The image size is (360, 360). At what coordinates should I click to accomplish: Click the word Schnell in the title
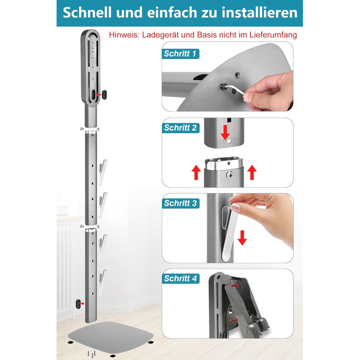coord(87,12)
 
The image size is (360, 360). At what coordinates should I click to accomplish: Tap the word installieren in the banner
coord(259,12)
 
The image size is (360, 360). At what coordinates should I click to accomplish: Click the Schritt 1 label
coord(180,53)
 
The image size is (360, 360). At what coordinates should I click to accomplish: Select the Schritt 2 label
coord(181,128)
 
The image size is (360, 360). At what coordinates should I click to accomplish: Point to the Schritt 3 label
coord(181,203)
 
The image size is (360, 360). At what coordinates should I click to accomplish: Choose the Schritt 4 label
coord(181,279)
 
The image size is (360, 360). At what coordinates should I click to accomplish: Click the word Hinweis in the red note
coord(123,35)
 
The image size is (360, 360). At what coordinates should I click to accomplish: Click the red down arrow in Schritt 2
coord(225,133)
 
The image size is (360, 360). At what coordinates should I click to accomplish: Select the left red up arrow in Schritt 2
coord(196,172)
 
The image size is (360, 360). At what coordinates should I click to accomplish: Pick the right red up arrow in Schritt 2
coord(252,172)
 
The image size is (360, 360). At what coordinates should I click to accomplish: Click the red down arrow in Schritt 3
coord(242,238)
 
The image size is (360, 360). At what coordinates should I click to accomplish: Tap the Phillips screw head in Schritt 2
coord(230,175)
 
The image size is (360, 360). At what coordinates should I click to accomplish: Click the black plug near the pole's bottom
coord(78,304)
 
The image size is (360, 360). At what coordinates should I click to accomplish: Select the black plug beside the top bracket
coord(104,95)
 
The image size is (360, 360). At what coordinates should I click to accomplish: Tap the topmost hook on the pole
coord(103,172)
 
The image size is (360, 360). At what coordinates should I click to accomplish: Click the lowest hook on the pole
coord(103,282)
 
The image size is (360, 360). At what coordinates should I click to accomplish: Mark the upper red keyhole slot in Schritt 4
coord(235,285)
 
